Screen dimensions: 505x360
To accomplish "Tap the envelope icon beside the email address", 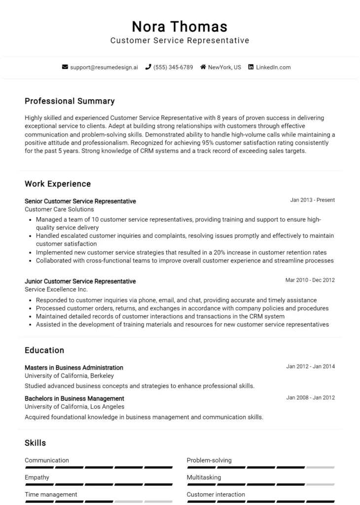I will (x=65, y=67).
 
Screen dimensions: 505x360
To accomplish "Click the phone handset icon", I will (x=148, y=67).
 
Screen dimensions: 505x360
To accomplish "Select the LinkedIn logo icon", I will (x=251, y=67).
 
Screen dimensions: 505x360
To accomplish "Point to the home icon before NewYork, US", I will (x=203, y=67).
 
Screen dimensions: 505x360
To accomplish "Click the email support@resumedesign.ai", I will (x=104, y=67).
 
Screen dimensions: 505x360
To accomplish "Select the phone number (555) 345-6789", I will (x=173, y=67).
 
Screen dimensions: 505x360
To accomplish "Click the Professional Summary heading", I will (x=70, y=101).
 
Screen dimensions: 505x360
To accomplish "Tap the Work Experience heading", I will (x=58, y=184).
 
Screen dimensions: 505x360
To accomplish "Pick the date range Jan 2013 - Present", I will (x=312, y=200).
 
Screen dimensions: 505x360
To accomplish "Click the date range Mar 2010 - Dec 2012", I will (x=310, y=280).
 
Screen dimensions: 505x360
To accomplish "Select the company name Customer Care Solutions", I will (x=59, y=209).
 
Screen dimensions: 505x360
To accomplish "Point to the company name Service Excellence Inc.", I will (x=56, y=289).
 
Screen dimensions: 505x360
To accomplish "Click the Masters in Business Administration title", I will (x=74, y=367).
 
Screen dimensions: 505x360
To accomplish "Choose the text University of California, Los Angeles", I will (x=74, y=407).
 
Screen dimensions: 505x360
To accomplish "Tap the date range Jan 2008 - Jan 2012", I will (x=310, y=397).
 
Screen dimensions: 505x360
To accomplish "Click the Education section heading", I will (x=44, y=351).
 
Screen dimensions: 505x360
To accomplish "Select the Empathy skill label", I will (x=37, y=477).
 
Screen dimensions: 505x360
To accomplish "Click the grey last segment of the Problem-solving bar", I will (x=320, y=467).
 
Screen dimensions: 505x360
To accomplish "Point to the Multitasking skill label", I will (x=204, y=477).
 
